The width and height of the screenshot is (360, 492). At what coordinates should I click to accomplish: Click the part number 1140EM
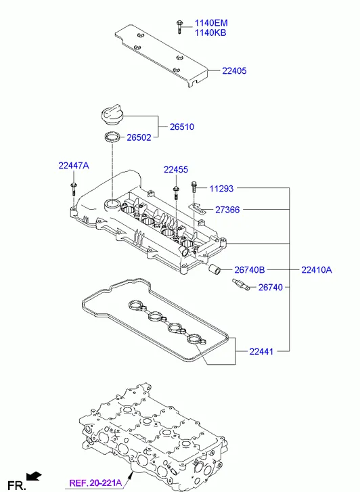[x=211, y=23]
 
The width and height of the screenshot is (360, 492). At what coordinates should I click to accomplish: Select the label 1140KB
[x=210, y=32]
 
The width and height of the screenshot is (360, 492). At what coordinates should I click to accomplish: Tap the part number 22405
[x=234, y=71]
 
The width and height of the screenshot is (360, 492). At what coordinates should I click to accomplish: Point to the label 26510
[x=182, y=127]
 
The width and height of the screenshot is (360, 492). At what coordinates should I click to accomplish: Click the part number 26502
[x=139, y=137]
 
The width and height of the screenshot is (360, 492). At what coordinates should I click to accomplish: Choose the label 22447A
[x=74, y=165]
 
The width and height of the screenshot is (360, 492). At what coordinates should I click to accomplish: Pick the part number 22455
[x=176, y=169]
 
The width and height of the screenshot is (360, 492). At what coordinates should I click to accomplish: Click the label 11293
[x=221, y=189]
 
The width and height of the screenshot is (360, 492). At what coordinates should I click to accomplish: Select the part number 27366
[x=227, y=210]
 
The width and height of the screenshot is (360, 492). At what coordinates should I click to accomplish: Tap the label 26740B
[x=250, y=270]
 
